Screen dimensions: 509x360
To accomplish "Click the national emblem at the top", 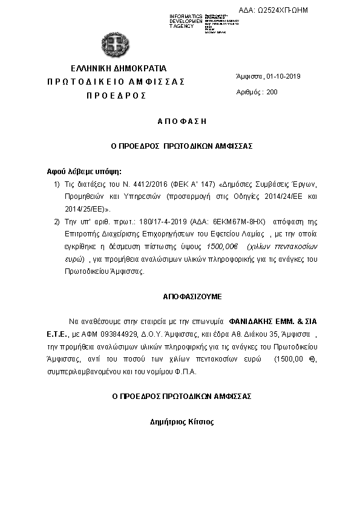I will pyautogui.click(x=114, y=44).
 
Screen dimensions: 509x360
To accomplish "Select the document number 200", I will pyautogui.click(x=272, y=92).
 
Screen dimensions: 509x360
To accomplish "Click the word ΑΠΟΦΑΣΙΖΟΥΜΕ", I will pyautogui.click(x=184, y=297).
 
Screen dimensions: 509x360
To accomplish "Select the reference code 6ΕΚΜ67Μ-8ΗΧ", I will pyautogui.click(x=231, y=222).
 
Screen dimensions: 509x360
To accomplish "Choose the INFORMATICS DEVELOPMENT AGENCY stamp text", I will pyautogui.click(x=186, y=21).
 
